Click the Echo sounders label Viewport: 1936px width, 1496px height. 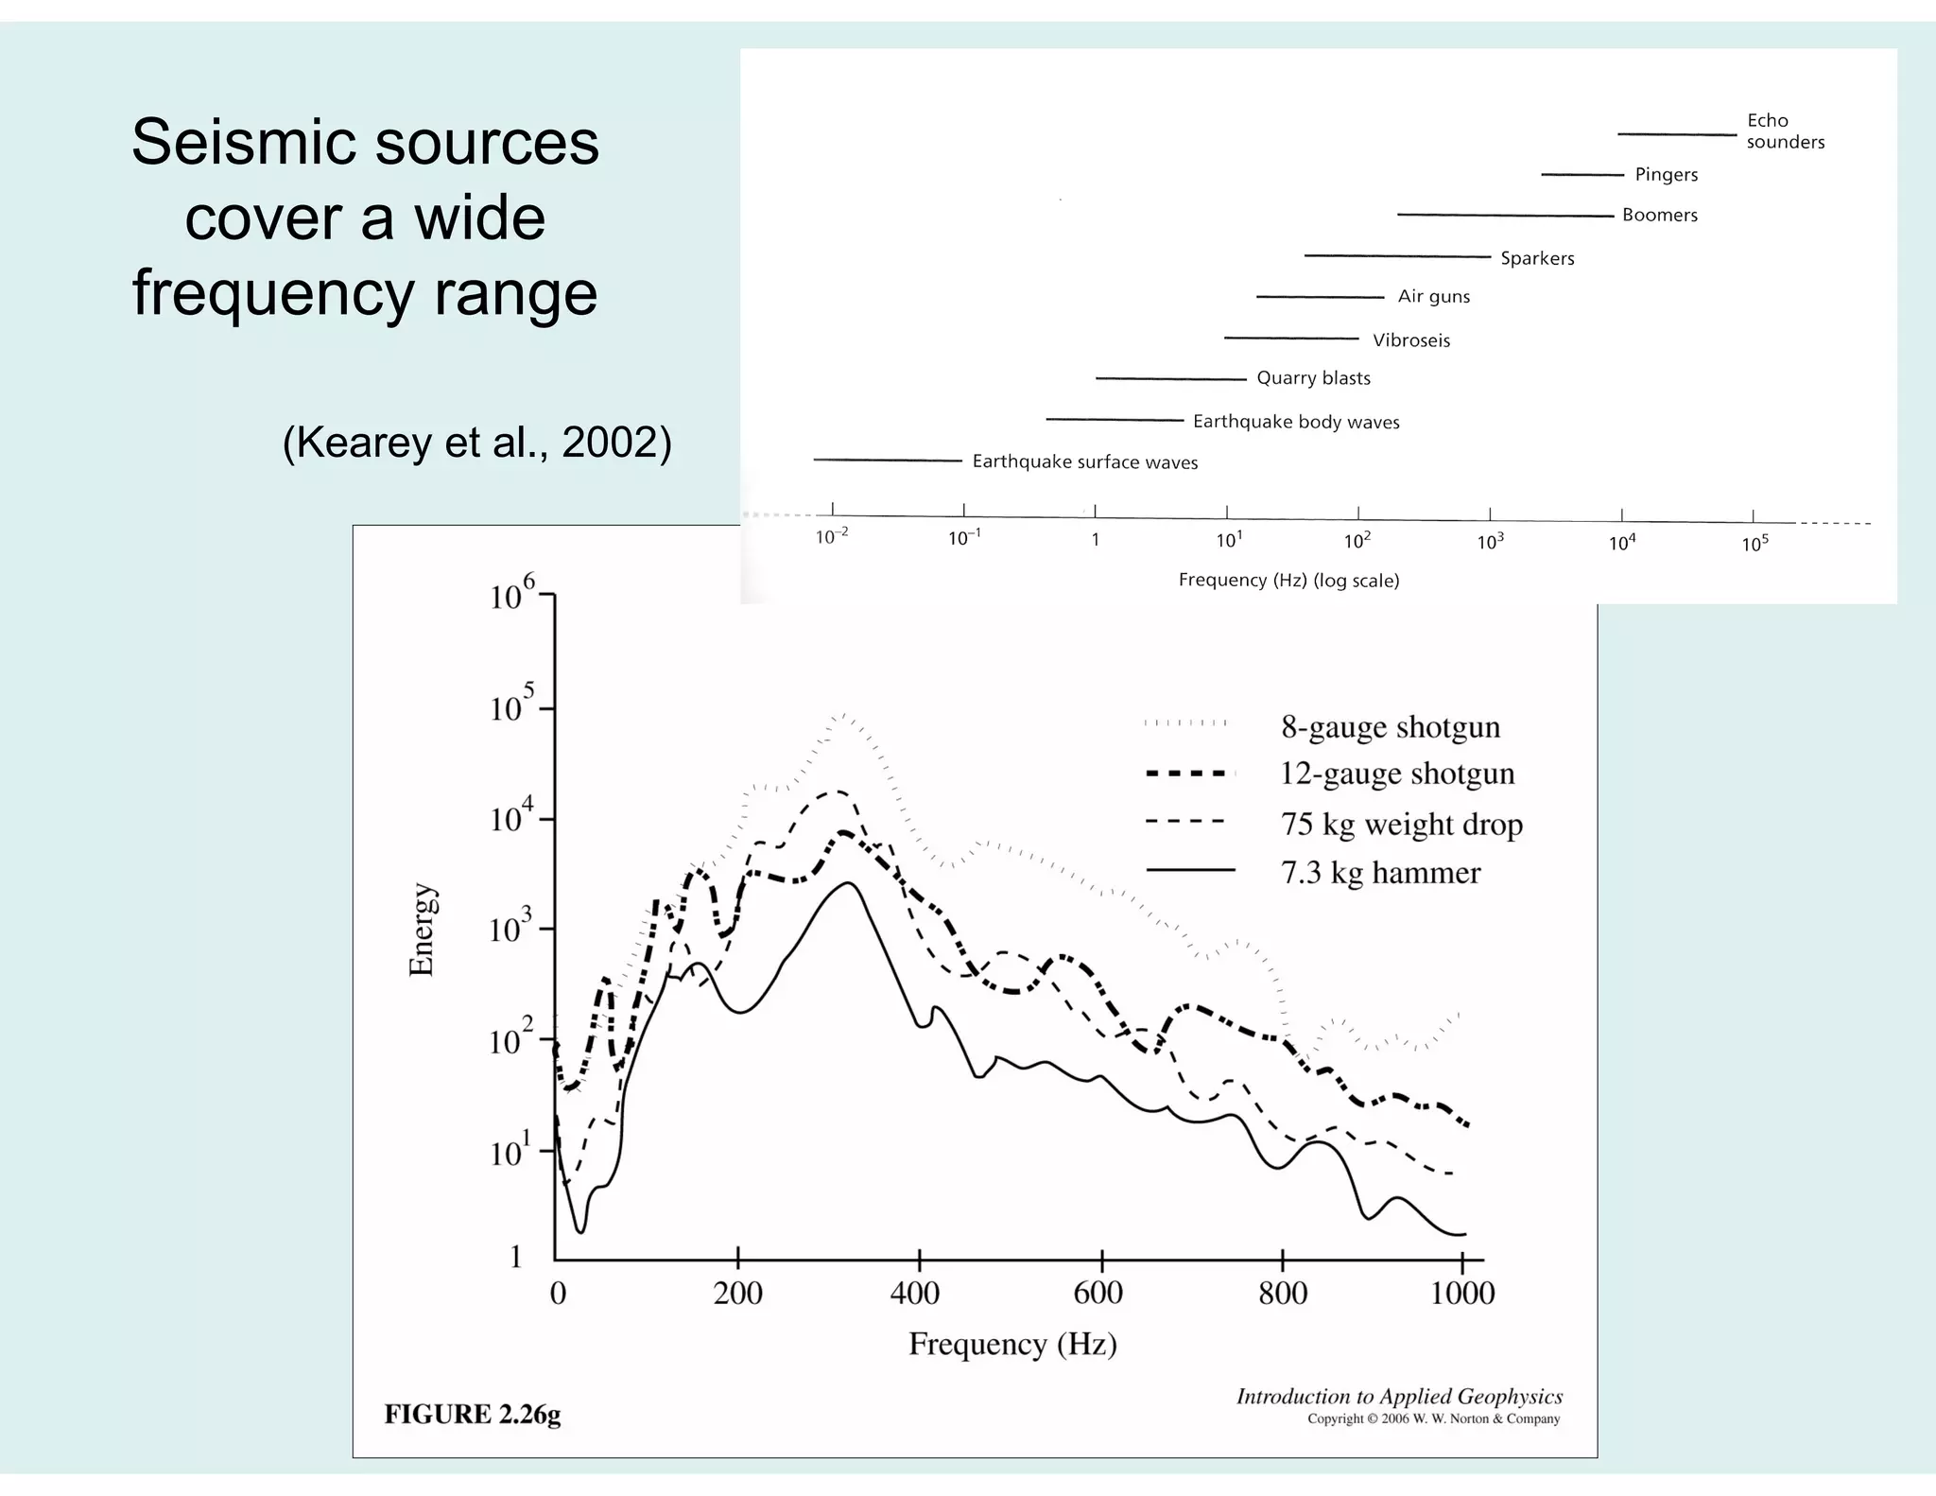coord(1785,130)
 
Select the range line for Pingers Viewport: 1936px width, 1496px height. coord(1582,175)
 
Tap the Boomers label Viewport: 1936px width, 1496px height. coord(1659,215)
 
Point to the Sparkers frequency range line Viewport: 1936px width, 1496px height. coord(1396,256)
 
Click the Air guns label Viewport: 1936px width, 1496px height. coord(1433,296)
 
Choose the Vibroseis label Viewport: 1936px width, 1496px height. coord(1410,340)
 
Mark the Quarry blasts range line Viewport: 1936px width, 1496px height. coord(1170,378)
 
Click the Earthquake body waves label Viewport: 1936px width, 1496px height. coord(1295,422)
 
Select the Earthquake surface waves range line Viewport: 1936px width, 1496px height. coord(887,460)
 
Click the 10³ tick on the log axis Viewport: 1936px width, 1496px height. coord(1490,542)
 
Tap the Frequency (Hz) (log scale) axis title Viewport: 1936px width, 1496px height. coord(1288,581)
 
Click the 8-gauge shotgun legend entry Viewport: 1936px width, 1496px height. coord(1390,726)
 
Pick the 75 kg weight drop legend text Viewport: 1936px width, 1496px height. coord(1401,824)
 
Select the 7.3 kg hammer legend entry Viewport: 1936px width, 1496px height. coord(1379,872)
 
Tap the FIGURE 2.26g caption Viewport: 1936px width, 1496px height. coord(472,1414)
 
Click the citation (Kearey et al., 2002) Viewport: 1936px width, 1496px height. coord(476,443)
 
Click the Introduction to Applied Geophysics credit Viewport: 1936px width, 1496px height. coord(1399,1397)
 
